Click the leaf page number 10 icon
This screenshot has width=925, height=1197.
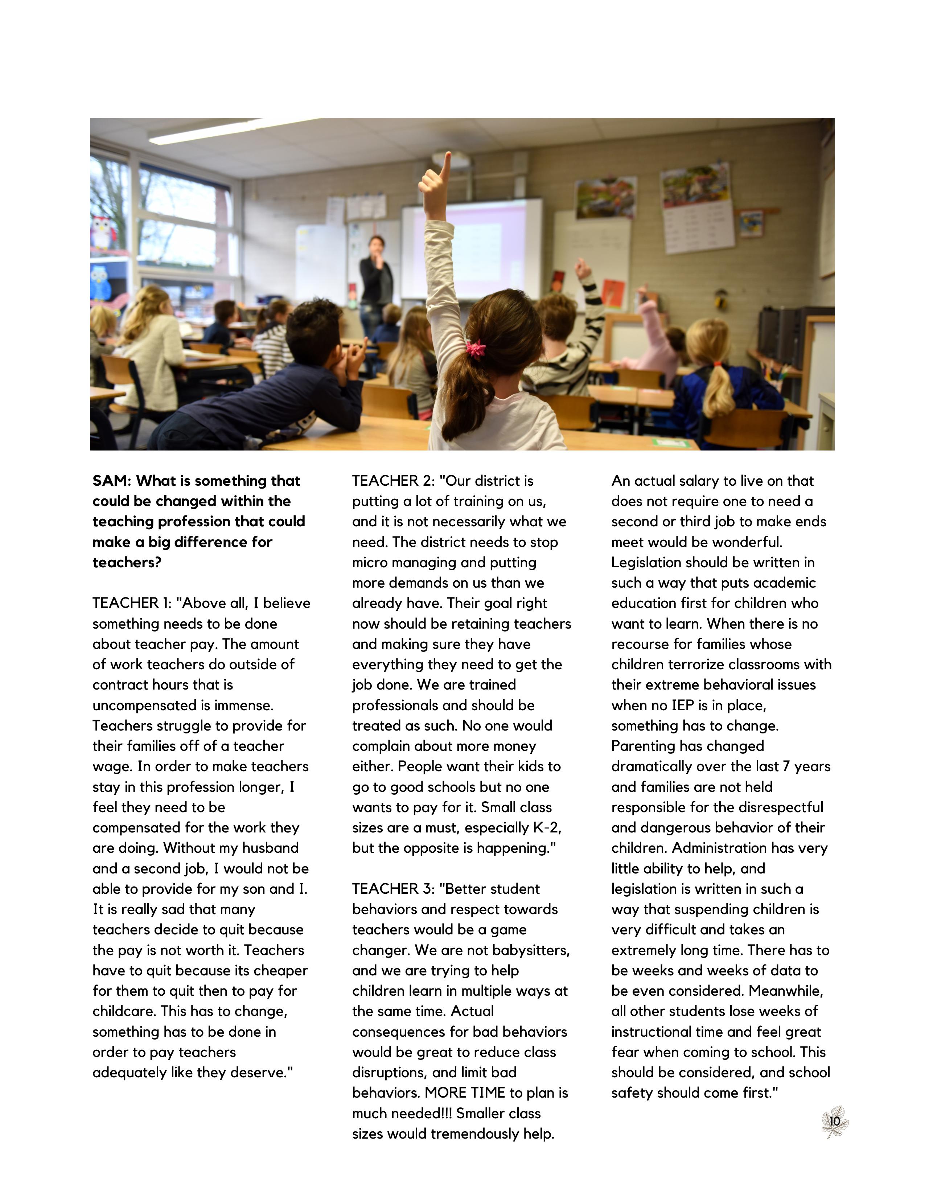point(834,1121)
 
